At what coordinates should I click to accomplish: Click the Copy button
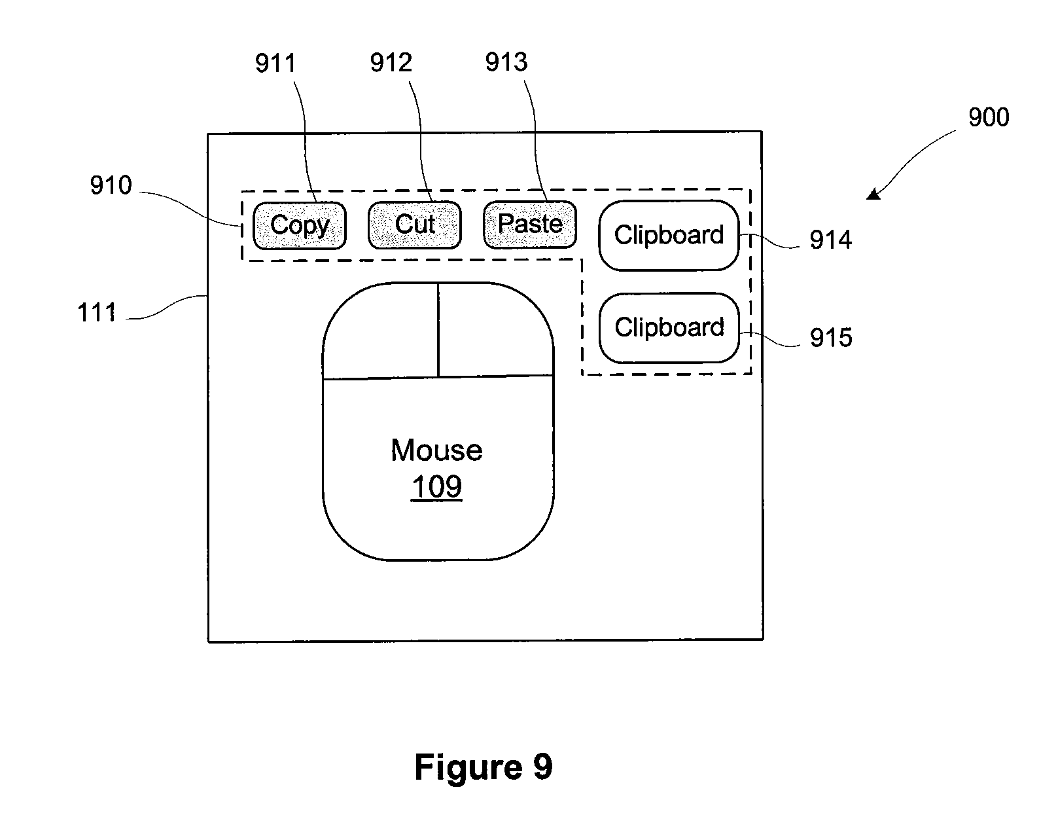pos(300,226)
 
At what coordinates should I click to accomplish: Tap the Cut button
pos(415,225)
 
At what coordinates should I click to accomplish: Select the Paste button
pos(530,225)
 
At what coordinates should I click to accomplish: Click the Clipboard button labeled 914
pos(669,235)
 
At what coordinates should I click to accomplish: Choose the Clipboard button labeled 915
pos(669,327)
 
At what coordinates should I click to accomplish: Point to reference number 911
pos(275,64)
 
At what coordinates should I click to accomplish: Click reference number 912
pos(391,62)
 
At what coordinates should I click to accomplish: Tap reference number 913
pos(506,62)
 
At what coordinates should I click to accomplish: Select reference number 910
pos(111,185)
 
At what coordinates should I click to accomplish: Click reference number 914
pos(831,240)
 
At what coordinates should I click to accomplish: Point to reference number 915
pos(832,337)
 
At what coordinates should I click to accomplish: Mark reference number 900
pos(989,117)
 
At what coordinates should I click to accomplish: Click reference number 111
pos(97,312)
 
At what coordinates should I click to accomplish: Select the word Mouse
pos(436,450)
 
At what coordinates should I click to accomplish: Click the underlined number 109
pos(436,486)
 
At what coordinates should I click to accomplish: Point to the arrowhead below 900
pos(873,194)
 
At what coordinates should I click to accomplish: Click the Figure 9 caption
pos(484,767)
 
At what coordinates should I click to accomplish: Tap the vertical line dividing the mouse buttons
pos(438,330)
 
